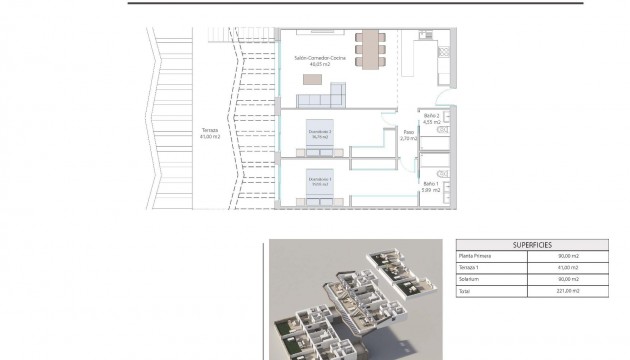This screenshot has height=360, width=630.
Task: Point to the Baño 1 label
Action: (x=431, y=188)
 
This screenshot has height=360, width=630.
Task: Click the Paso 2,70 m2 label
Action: (x=407, y=135)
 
